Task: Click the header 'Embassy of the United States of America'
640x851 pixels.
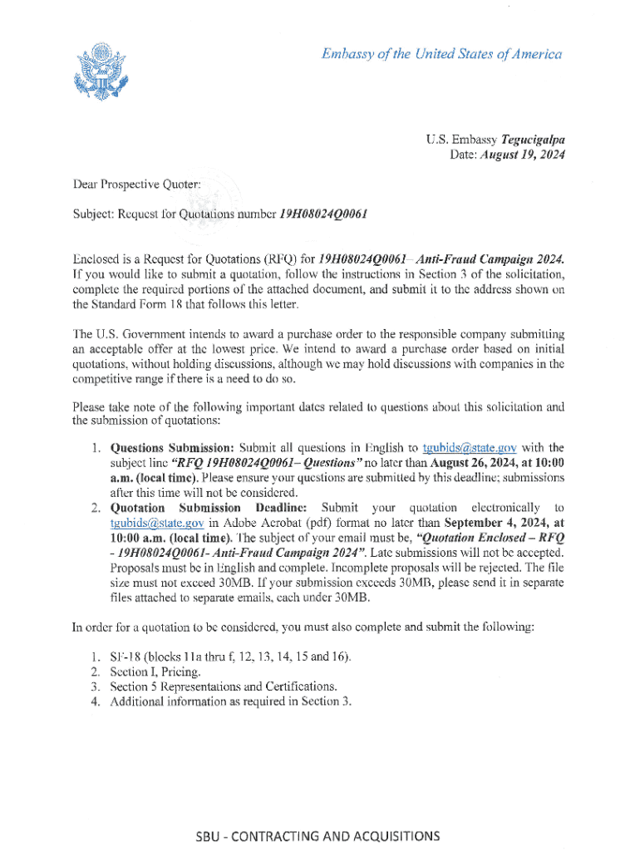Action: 441,55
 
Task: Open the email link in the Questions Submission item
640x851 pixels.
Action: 470,450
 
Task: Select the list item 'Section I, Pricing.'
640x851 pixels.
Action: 155,671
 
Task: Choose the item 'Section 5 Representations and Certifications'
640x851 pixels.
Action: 223,686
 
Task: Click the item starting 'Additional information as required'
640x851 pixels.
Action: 230,701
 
